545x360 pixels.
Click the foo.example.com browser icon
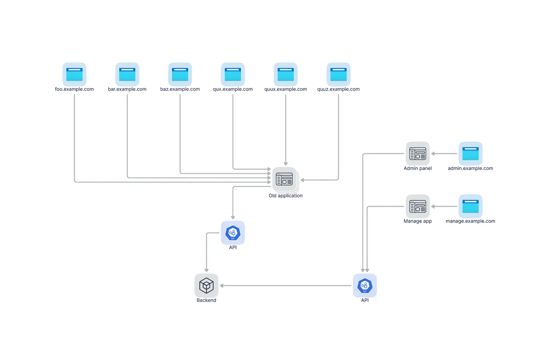point(75,74)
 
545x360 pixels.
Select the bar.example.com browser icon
point(127,74)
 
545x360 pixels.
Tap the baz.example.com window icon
point(180,74)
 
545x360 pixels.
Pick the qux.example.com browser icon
point(233,74)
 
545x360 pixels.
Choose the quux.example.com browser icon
point(286,74)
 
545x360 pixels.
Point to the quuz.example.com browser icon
point(339,74)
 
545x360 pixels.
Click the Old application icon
point(285,179)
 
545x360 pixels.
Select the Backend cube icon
point(206,286)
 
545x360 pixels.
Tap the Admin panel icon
point(418,153)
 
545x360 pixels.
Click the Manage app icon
point(418,206)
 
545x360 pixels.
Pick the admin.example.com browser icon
point(470,153)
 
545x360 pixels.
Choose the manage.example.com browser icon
point(470,206)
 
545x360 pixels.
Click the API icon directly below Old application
point(233,233)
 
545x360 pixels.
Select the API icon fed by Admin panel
point(365,286)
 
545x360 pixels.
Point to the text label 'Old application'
point(285,196)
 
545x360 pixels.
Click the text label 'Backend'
point(206,300)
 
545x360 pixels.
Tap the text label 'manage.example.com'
point(470,221)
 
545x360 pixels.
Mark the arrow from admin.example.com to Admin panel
point(444,154)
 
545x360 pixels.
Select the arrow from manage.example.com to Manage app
point(444,207)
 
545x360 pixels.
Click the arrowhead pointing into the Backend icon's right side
point(222,286)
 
